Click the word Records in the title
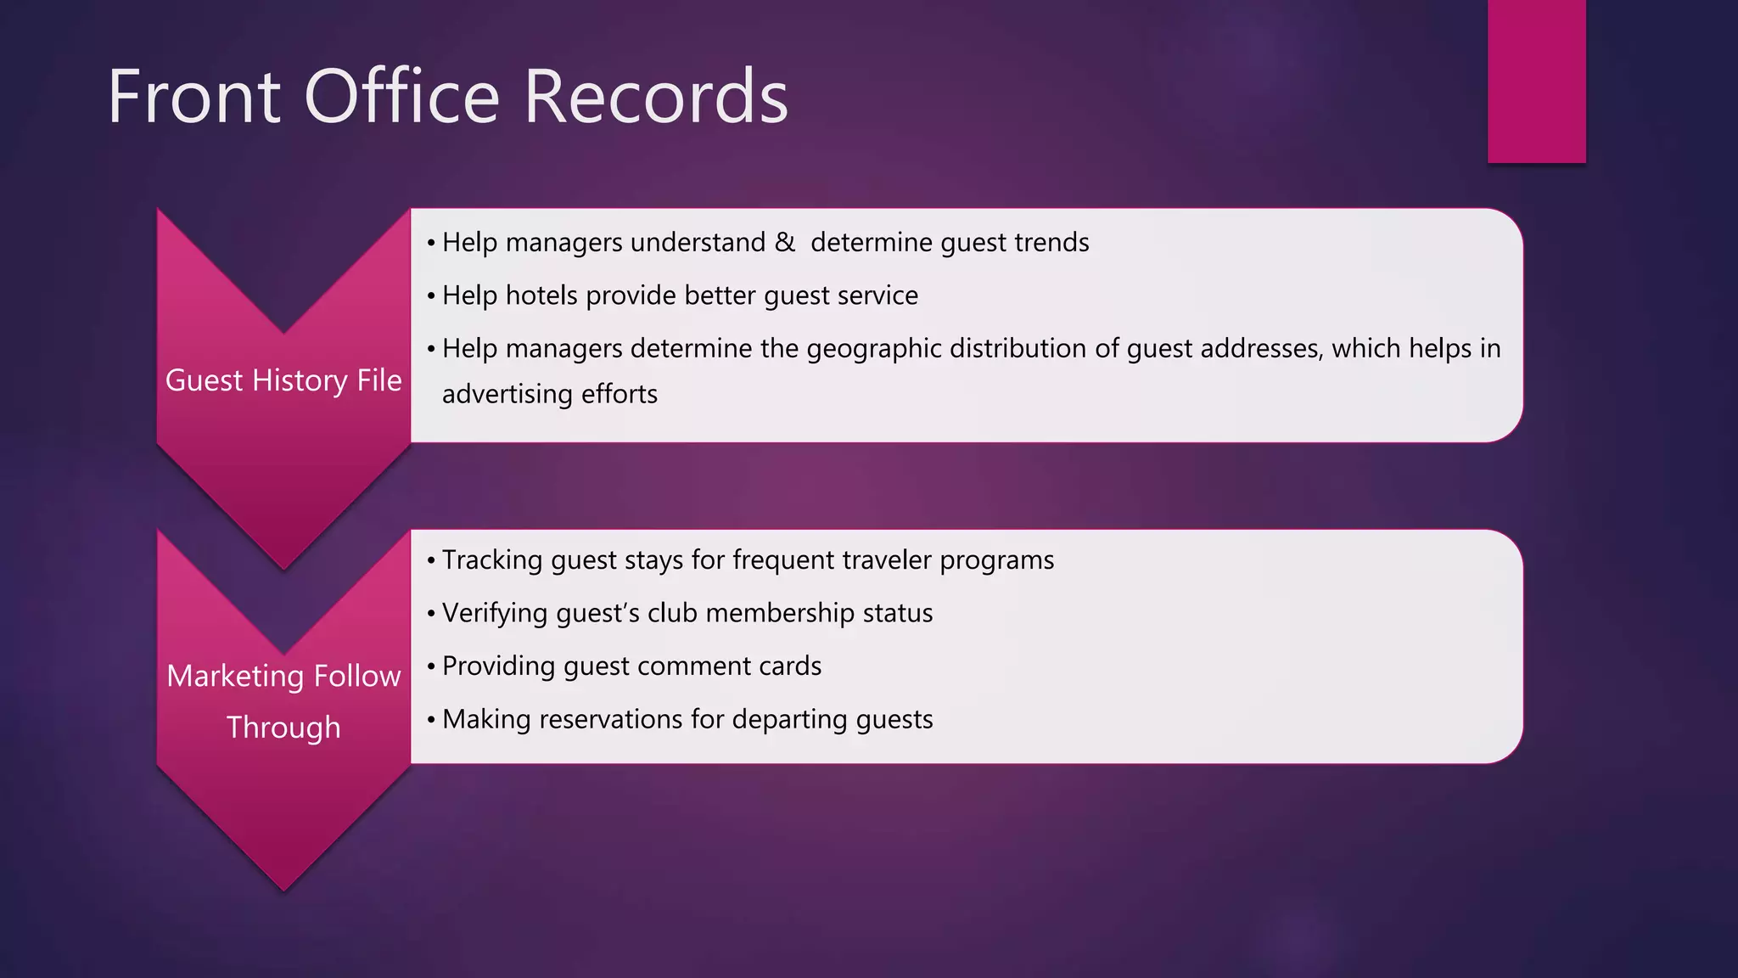(x=656, y=97)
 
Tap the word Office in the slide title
(x=401, y=97)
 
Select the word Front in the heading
(x=193, y=97)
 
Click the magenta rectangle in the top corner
(x=1536, y=81)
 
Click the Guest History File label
(x=283, y=380)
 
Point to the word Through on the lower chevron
(x=283, y=728)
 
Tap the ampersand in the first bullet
(x=784, y=243)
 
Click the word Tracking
(x=492, y=560)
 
